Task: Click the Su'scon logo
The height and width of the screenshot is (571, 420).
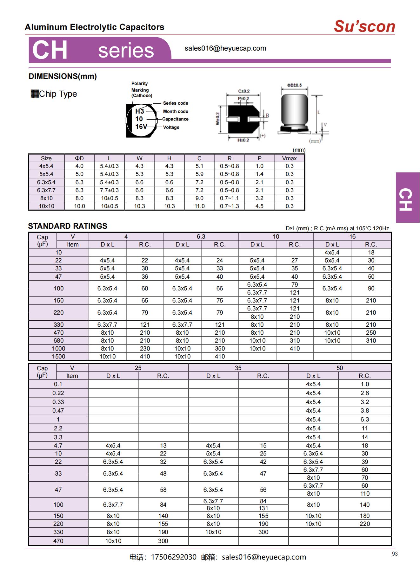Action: tap(364, 26)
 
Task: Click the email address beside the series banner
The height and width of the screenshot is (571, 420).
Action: tap(225, 48)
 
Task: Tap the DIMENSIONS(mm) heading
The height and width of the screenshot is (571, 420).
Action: tap(63, 76)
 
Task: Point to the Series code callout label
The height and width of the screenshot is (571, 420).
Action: tap(176, 103)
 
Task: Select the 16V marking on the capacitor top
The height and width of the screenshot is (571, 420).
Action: tap(141, 127)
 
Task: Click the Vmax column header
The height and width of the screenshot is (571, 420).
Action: tap(289, 158)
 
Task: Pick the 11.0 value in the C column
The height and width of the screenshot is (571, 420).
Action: tap(199, 206)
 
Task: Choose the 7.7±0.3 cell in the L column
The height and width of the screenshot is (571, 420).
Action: tap(109, 190)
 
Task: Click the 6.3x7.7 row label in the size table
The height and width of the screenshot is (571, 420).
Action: tap(46, 190)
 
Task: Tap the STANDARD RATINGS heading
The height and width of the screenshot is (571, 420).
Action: tap(68, 226)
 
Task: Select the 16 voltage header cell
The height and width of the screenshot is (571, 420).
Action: tap(352, 237)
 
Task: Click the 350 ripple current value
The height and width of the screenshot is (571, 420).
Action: tap(220, 349)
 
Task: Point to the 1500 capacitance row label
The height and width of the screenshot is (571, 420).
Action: tap(58, 357)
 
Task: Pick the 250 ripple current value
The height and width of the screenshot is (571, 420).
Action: tap(371, 333)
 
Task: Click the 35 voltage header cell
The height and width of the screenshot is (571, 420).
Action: tap(238, 368)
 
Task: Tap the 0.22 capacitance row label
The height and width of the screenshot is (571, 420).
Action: tap(58, 393)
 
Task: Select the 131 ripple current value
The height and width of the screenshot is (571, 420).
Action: tap(263, 508)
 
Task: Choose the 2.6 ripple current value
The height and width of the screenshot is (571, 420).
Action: tap(365, 393)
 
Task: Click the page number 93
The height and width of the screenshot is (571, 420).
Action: tap(395, 554)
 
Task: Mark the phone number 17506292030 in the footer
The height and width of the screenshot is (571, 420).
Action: tap(174, 557)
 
